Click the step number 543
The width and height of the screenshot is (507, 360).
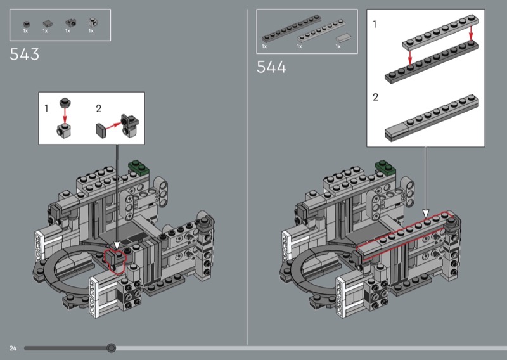(x=25, y=55)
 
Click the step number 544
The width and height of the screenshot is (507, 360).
(x=271, y=67)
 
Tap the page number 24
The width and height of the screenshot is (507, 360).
(x=13, y=348)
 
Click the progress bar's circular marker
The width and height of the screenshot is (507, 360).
(x=112, y=348)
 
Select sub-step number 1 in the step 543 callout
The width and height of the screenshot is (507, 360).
(x=46, y=108)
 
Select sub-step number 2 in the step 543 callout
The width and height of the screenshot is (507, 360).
(x=98, y=108)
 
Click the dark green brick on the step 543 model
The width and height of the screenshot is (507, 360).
(x=139, y=168)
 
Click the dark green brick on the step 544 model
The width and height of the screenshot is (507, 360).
(x=385, y=168)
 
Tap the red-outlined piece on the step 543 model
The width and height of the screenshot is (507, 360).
(x=115, y=259)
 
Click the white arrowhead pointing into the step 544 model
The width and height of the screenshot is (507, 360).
(x=426, y=214)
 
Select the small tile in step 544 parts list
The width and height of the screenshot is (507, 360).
(x=342, y=37)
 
